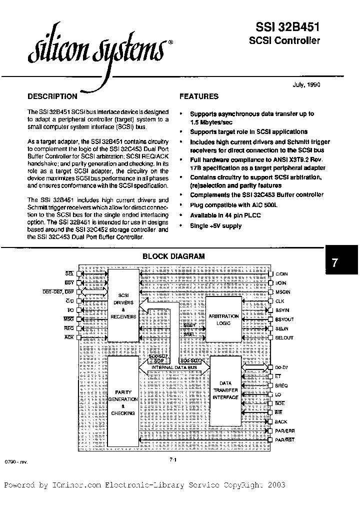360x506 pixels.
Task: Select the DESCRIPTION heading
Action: (x=52, y=96)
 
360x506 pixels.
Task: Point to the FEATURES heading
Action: (x=199, y=96)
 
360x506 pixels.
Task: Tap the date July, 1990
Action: (x=306, y=84)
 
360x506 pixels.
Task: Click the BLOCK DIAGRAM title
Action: (x=173, y=256)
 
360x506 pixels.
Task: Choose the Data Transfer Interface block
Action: (x=226, y=390)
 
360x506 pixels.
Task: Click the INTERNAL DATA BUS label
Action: (x=173, y=367)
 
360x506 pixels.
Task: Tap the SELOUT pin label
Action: (x=284, y=338)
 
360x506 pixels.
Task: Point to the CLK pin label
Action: (x=279, y=301)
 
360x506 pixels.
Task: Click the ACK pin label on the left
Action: (x=69, y=337)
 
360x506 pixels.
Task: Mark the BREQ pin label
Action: (x=281, y=386)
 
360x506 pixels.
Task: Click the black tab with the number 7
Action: (x=342, y=262)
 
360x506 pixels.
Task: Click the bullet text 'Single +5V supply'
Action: (x=215, y=226)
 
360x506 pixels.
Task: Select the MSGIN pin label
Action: (x=282, y=292)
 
